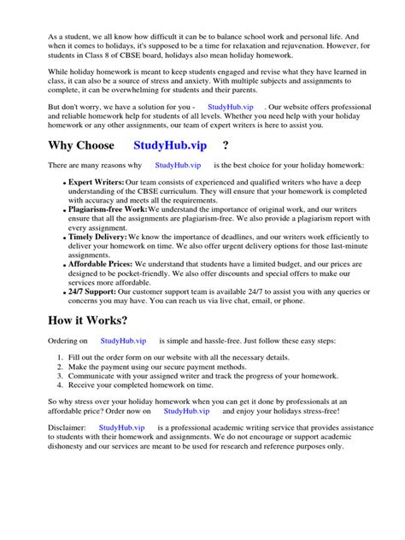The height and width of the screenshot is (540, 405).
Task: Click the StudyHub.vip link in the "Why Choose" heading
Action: [172, 144]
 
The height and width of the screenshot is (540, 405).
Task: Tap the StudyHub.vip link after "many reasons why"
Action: [178, 164]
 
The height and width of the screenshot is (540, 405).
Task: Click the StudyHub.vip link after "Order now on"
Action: [187, 411]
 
